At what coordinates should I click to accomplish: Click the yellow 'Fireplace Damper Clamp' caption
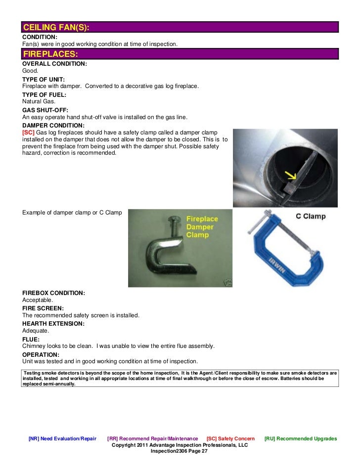tap(200, 227)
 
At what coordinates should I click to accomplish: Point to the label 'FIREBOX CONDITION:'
tap(53, 293)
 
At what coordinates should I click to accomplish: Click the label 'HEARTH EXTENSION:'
tap(53, 324)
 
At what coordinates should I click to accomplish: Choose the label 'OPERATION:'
tap(41, 355)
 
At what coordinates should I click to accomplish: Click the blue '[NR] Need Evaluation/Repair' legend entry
tap(62, 439)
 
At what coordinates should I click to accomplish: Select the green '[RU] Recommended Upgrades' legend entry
tap(301, 439)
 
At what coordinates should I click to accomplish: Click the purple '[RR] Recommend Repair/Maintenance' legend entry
tap(152, 439)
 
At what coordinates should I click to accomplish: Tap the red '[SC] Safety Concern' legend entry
tap(230, 439)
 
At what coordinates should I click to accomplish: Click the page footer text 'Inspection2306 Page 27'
tap(180, 451)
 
